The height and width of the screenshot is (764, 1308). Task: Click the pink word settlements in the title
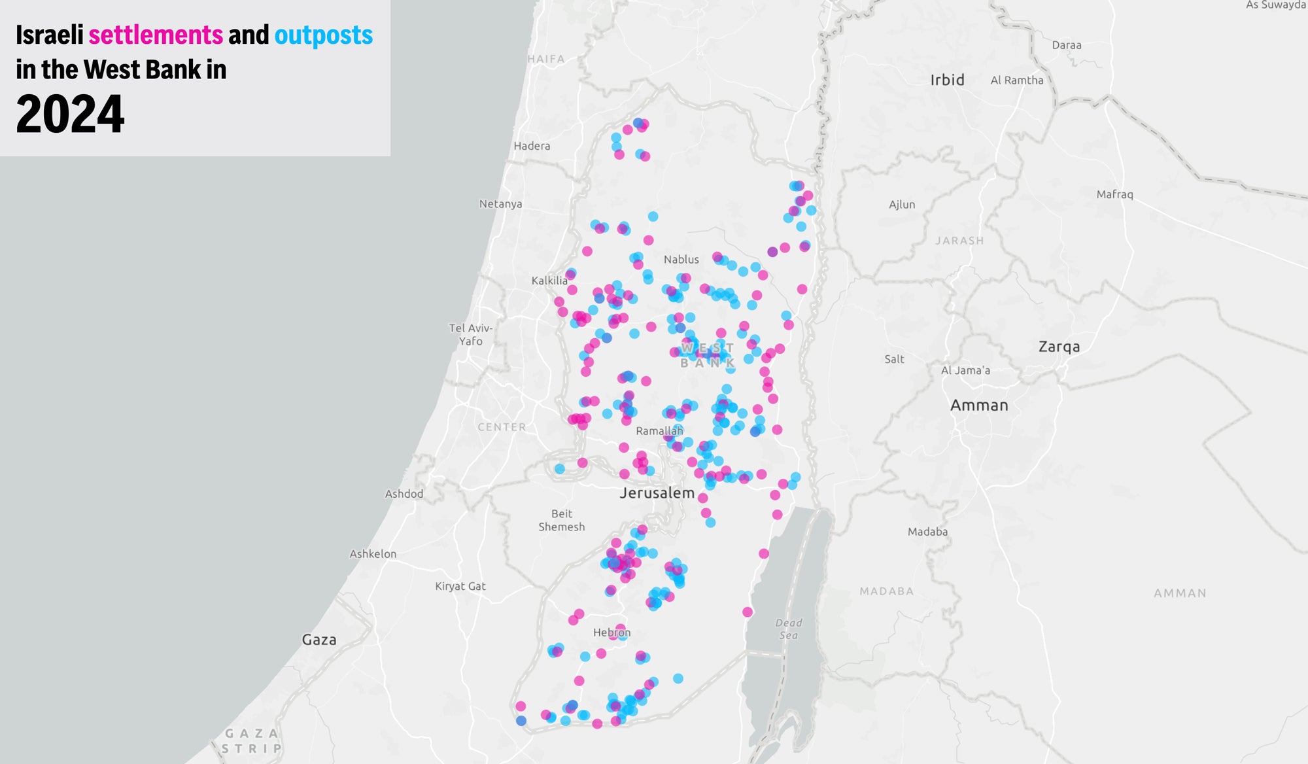coord(156,35)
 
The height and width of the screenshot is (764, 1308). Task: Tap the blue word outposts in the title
coord(324,35)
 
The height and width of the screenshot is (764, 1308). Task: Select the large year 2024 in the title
coord(70,114)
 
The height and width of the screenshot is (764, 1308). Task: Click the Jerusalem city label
coord(657,493)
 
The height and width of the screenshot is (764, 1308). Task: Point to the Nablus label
coord(681,260)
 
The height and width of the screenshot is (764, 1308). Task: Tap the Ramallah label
coord(659,431)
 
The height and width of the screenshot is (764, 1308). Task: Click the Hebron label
coord(611,633)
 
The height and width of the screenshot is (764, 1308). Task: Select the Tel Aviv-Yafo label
coord(471,334)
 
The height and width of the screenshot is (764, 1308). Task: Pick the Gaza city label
coord(319,640)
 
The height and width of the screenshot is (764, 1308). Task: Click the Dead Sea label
coord(789,629)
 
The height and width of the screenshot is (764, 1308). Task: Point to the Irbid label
coord(948,80)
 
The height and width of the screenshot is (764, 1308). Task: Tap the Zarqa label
coord(1059,347)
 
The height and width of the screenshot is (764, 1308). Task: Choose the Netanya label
coord(500,204)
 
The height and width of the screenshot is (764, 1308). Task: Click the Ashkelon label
coord(373,554)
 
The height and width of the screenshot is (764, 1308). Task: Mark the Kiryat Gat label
coord(460,586)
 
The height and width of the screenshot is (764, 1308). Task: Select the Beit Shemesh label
coord(562,520)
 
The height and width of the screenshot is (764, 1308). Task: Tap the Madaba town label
coord(927,532)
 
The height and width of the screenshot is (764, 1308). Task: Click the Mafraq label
coord(1114,194)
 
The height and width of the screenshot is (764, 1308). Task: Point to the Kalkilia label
coord(549,281)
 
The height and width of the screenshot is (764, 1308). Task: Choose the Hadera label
coord(532,146)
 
